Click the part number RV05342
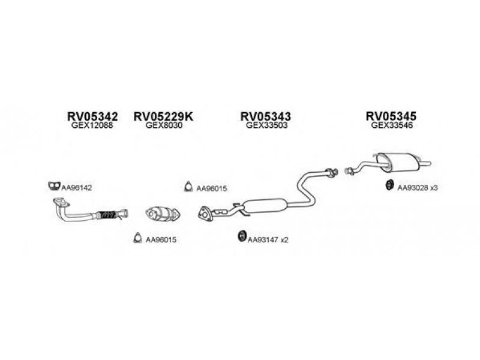(x=92, y=116)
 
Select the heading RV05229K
(x=163, y=116)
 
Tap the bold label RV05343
(x=266, y=116)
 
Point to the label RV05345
(x=391, y=116)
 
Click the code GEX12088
(x=92, y=125)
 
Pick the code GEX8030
(x=164, y=125)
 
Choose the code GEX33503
(x=266, y=125)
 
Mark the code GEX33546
(x=392, y=125)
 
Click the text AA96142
(x=77, y=188)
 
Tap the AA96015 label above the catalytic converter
(x=212, y=188)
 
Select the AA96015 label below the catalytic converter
(x=161, y=239)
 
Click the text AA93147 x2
(x=268, y=240)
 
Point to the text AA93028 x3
(x=418, y=188)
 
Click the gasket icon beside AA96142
(x=54, y=186)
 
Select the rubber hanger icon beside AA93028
(x=389, y=185)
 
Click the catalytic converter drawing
(x=163, y=214)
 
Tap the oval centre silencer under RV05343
(x=266, y=206)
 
